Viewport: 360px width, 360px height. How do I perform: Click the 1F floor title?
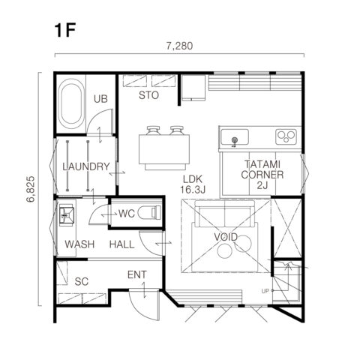pos(65,31)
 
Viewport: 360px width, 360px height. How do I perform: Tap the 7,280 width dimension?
pos(179,46)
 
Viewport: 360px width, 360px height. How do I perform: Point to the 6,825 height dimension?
pos(31,189)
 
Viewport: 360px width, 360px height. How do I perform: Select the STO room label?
pos(148,95)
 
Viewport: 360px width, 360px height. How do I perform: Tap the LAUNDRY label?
pos(86,166)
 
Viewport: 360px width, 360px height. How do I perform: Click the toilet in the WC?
pos(149,212)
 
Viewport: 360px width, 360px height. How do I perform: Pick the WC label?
pos(127,214)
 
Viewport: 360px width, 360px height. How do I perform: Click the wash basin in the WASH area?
pos(67,215)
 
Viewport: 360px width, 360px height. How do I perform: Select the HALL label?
pos(122,244)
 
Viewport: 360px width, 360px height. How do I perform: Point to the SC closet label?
pos(82,282)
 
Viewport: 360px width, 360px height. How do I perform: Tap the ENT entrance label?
pos(137,274)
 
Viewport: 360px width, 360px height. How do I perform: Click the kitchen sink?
pos(235,137)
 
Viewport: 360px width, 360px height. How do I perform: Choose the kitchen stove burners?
pos(286,136)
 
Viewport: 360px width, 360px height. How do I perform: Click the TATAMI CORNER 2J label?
pos(262,175)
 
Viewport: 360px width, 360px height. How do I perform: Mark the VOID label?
pos(226,237)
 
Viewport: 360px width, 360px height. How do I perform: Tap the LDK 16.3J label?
pos(193,184)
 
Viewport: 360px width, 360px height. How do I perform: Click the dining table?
pos(164,149)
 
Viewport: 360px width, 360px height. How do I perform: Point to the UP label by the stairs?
pos(265,291)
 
